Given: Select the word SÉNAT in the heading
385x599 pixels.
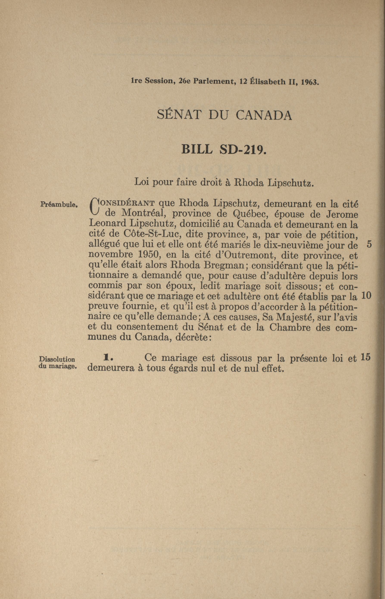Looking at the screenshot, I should tap(179, 115).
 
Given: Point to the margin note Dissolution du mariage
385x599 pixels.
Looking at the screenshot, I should tap(57, 362).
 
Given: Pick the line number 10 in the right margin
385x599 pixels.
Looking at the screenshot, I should tap(366, 296).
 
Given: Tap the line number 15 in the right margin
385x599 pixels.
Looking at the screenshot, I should tap(365, 357).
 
